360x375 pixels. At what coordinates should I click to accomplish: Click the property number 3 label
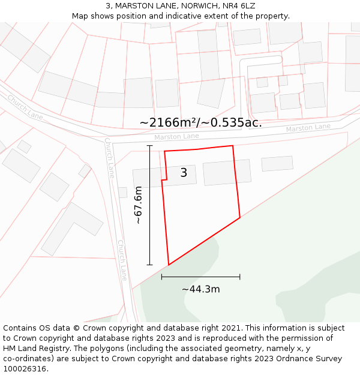point(184,173)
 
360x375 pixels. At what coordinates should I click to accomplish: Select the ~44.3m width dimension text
point(200,289)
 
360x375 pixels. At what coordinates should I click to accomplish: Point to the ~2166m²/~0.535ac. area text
point(200,122)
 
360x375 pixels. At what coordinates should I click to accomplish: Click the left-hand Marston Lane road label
point(176,137)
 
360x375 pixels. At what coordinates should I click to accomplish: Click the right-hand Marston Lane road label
point(308,128)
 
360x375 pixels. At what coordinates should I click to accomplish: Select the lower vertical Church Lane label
point(122,260)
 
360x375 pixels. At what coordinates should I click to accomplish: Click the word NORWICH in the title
point(181,5)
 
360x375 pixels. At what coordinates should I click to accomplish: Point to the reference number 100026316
point(25,369)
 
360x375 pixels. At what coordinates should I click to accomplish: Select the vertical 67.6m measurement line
point(149,205)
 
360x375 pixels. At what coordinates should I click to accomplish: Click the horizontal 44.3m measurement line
point(200,277)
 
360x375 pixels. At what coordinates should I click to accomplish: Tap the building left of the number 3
point(148,178)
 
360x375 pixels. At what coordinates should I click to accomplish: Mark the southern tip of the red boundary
point(169,265)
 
